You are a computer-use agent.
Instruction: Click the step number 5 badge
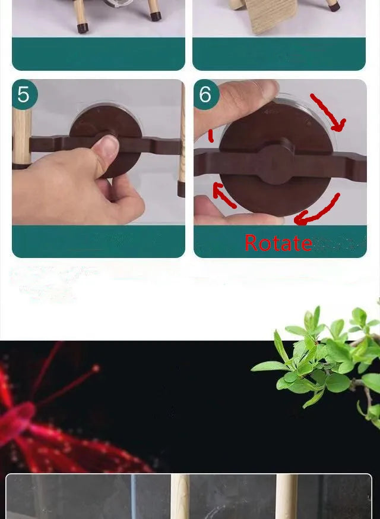tap(24, 95)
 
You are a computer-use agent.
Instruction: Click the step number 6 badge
tap(206, 95)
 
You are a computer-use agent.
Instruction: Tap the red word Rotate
tap(278, 243)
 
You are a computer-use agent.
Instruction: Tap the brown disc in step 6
tap(276, 159)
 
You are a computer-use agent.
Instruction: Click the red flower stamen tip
tap(96, 368)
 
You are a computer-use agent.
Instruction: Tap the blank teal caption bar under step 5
tap(99, 241)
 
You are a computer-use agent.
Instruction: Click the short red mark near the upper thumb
tap(211, 136)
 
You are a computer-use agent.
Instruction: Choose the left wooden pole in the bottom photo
tap(180, 496)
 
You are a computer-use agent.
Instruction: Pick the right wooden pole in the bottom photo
tap(287, 496)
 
